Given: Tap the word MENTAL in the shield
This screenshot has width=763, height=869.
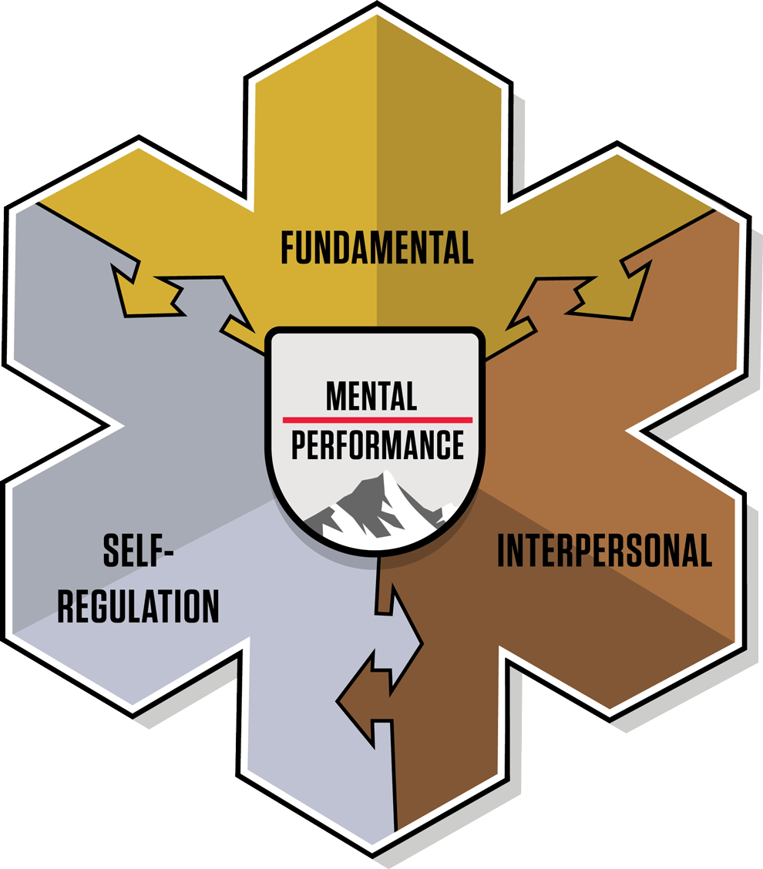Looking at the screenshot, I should pyautogui.click(x=371, y=396).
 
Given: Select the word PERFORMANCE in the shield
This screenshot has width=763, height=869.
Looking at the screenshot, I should pyautogui.click(x=378, y=445).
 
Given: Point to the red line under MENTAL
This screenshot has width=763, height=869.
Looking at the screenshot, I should pyautogui.click(x=377, y=420).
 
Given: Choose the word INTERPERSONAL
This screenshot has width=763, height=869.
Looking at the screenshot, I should pyautogui.click(x=604, y=550).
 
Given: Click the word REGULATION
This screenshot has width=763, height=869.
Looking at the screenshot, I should pyautogui.click(x=139, y=606).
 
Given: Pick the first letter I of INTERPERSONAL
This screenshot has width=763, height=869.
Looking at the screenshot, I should pyautogui.click(x=501, y=550).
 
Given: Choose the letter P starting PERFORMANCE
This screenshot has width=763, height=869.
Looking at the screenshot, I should pyautogui.click(x=298, y=445).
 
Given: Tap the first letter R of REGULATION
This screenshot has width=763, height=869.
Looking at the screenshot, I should pyautogui.click(x=66, y=606).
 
